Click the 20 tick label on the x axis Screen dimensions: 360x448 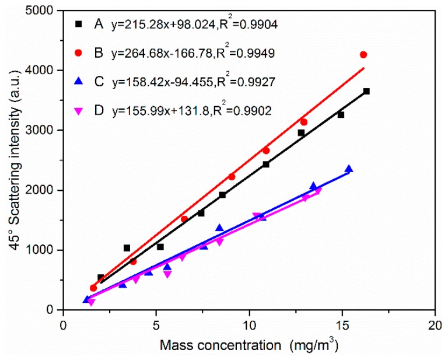click(x=435, y=323)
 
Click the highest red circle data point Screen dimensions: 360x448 click(x=363, y=55)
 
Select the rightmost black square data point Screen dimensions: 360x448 click(x=366, y=92)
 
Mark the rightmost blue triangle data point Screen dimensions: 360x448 click(x=349, y=169)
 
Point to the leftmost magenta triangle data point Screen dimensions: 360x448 click(x=91, y=302)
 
